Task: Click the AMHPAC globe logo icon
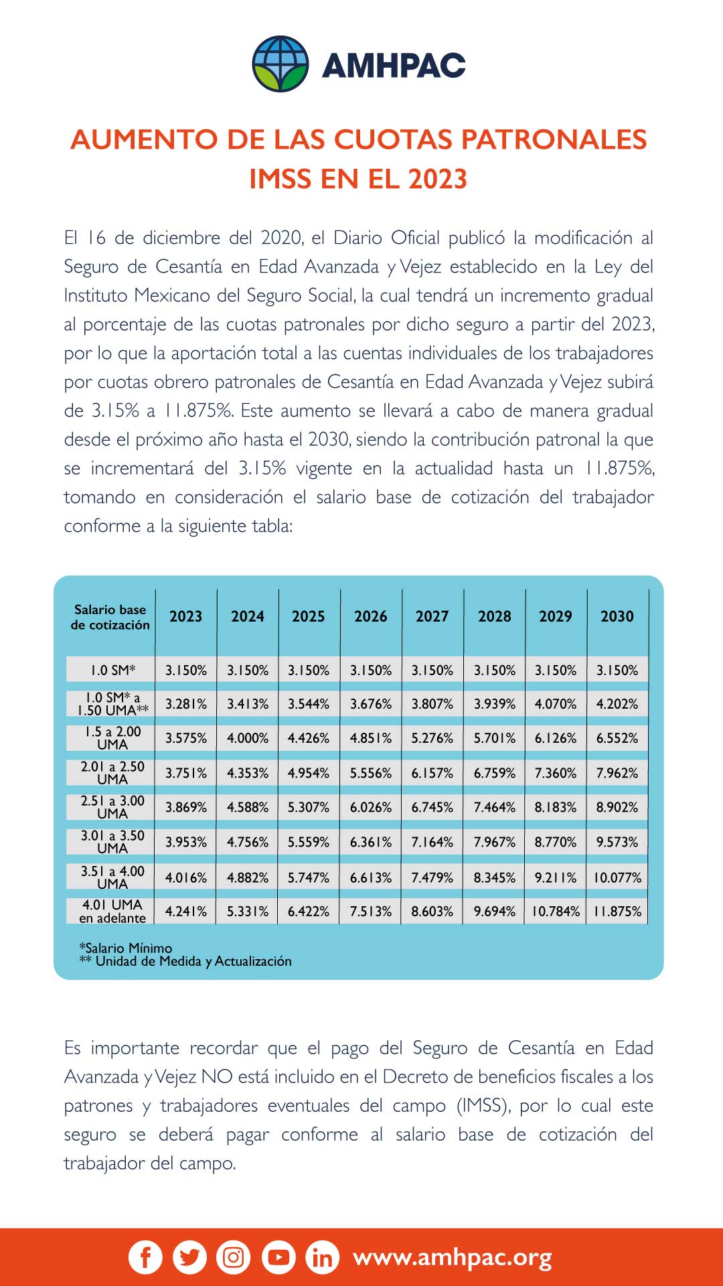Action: click(280, 64)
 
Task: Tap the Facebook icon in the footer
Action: click(145, 1257)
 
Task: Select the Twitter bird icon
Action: click(189, 1257)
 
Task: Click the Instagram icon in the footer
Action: click(233, 1257)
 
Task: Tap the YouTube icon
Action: click(278, 1257)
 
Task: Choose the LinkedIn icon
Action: click(322, 1258)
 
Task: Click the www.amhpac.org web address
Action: click(453, 1258)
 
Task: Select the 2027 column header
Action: click(432, 616)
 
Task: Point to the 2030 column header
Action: click(617, 616)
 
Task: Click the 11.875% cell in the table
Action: click(617, 912)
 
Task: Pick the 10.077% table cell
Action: click(617, 877)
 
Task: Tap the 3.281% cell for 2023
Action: click(186, 704)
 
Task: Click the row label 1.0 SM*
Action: click(112, 670)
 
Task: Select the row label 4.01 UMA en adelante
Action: click(112, 912)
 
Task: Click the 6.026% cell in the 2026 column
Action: click(370, 808)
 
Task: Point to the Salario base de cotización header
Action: click(110, 617)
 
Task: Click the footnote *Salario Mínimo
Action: click(126, 948)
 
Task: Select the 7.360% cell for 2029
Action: click(555, 773)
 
